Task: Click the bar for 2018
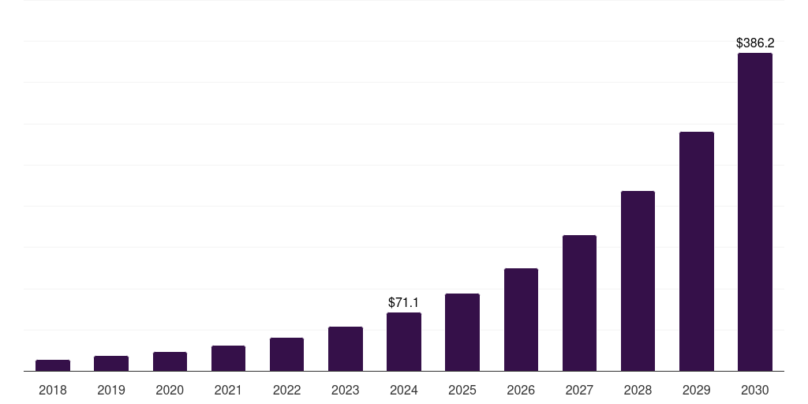pyautogui.click(x=53, y=365)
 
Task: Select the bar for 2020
pyautogui.click(x=170, y=361)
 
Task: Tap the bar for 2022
pyautogui.click(x=286, y=354)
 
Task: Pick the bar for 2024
pyautogui.click(x=404, y=342)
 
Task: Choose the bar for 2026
pyautogui.click(x=521, y=320)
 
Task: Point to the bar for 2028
pyautogui.click(x=638, y=281)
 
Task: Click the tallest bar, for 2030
pyautogui.click(x=755, y=212)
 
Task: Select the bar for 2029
pyautogui.click(x=697, y=252)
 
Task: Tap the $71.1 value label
pyautogui.click(x=404, y=302)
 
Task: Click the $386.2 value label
pyautogui.click(x=755, y=43)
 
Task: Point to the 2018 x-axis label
pyautogui.click(x=53, y=390)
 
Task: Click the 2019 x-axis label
pyautogui.click(x=111, y=390)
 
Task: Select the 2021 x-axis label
pyautogui.click(x=228, y=390)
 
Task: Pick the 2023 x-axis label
pyautogui.click(x=346, y=390)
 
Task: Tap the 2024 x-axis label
pyautogui.click(x=404, y=390)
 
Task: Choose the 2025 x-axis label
pyautogui.click(x=462, y=390)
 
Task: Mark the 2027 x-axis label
pyautogui.click(x=579, y=390)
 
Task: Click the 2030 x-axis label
pyautogui.click(x=755, y=390)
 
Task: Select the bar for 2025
pyautogui.click(x=462, y=332)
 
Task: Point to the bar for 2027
pyautogui.click(x=579, y=303)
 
